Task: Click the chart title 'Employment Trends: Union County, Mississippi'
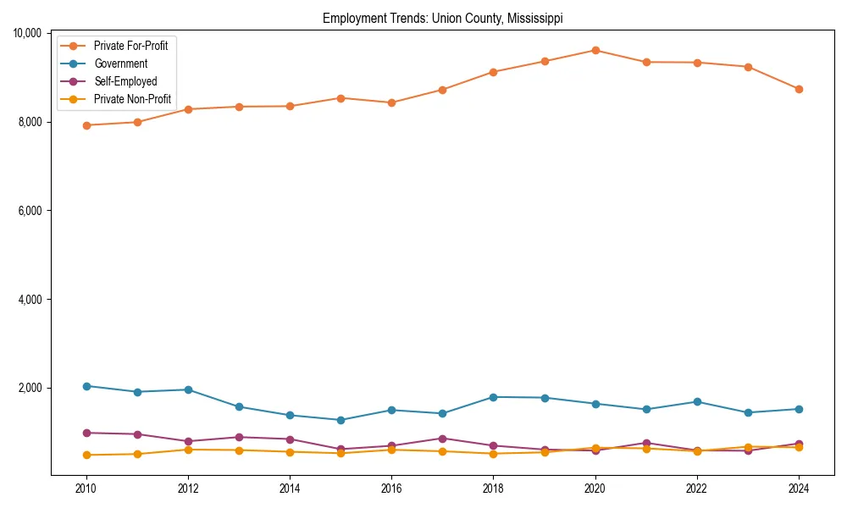pyautogui.click(x=442, y=18)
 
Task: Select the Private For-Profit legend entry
pyautogui.click(x=130, y=46)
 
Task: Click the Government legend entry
pyautogui.click(x=120, y=63)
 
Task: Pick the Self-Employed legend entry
pyautogui.click(x=125, y=81)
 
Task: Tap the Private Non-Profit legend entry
pyautogui.click(x=132, y=99)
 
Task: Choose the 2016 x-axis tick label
pyautogui.click(x=391, y=489)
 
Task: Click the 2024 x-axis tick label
pyautogui.click(x=799, y=489)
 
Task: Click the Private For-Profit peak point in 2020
pyautogui.click(x=595, y=50)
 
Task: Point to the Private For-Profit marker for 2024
pyautogui.click(x=799, y=89)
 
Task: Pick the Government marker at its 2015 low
pyautogui.click(x=340, y=420)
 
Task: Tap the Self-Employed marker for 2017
pyautogui.click(x=442, y=439)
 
